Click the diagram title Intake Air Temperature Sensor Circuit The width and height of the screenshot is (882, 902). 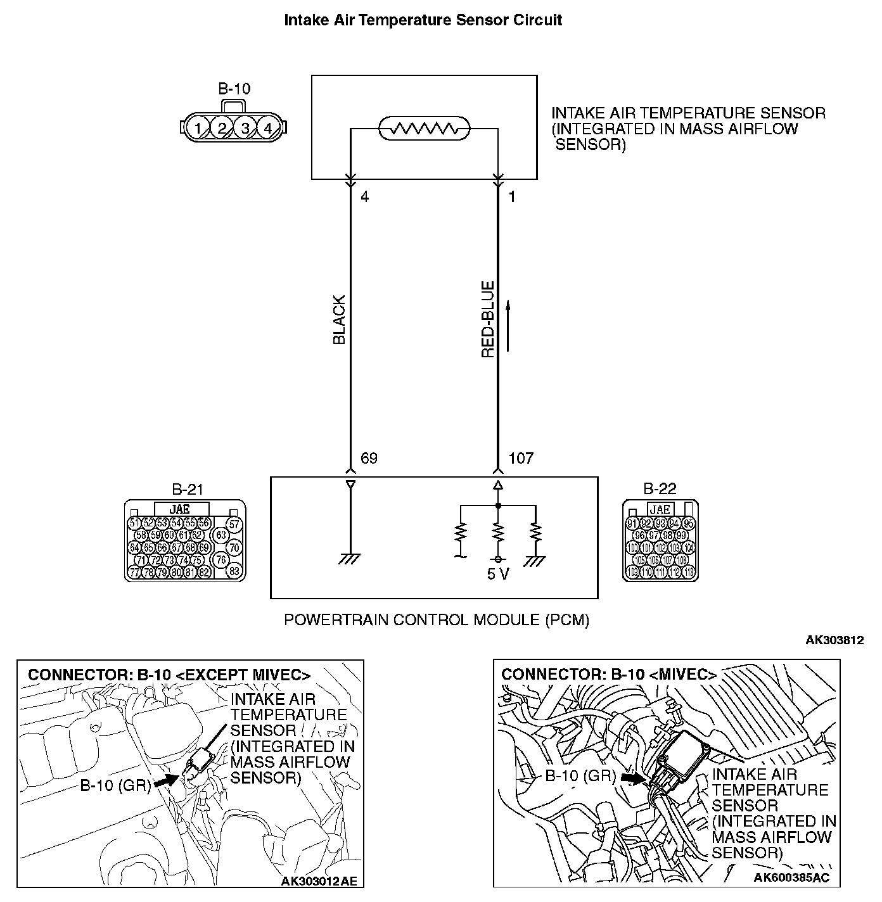click(423, 20)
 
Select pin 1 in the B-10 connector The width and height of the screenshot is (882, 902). click(198, 128)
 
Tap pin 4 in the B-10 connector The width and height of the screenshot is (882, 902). click(268, 128)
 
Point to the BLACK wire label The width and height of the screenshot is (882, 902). click(340, 320)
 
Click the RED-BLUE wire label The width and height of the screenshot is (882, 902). click(488, 320)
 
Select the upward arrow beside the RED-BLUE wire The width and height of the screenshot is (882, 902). click(508, 326)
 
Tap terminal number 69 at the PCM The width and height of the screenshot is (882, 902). click(369, 458)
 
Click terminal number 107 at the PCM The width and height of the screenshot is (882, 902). click(521, 458)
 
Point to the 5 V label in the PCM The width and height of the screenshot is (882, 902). click(499, 574)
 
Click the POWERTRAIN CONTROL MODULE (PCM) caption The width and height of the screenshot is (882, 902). click(437, 619)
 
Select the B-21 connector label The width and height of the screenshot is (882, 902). click(188, 489)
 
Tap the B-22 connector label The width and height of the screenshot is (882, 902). click(660, 489)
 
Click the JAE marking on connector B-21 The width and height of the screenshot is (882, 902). click(181, 509)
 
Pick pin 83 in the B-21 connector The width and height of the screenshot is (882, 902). click(234, 570)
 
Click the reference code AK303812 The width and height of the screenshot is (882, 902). click(834, 640)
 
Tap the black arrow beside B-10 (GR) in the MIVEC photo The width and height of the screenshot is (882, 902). click(632, 777)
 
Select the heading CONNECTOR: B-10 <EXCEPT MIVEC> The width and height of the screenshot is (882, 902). click(169, 675)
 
